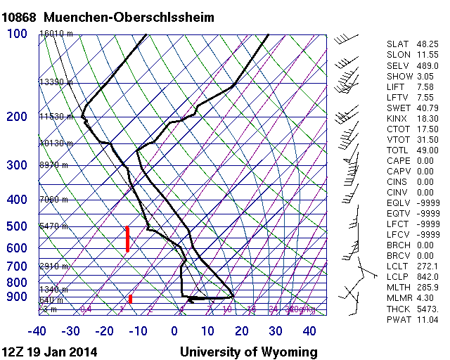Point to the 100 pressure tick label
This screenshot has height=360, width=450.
[x=17, y=33]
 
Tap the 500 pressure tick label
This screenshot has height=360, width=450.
[x=17, y=226]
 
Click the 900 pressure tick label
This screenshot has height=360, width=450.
[x=17, y=297]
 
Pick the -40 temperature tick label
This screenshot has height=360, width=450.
[x=37, y=331]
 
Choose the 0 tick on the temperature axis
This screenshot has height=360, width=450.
[x=174, y=331]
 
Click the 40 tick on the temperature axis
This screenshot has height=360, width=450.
[x=309, y=331]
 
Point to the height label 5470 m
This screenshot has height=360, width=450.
[x=53, y=226]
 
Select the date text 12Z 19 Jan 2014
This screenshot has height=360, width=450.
[x=50, y=352]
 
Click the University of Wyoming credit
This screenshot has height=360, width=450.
[x=248, y=352]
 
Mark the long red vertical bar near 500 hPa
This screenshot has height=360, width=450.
[x=127, y=239]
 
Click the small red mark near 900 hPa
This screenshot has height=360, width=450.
[x=130, y=299]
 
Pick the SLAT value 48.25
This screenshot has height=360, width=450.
[x=426, y=44]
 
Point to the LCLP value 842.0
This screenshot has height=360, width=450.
[x=426, y=278]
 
